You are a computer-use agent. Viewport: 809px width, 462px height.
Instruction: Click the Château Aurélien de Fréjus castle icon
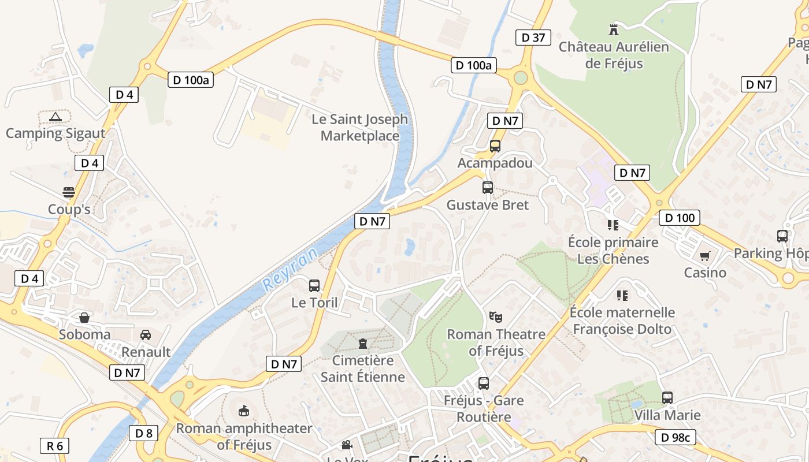614,29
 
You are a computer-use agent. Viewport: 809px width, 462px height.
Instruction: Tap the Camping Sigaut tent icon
55,117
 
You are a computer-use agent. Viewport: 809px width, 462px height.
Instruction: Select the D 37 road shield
533,38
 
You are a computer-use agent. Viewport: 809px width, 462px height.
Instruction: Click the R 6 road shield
55,445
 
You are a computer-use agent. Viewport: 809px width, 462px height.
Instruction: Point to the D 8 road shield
143,433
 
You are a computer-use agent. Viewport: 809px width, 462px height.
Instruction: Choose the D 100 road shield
680,218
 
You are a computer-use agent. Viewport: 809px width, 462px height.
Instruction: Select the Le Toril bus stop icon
314,285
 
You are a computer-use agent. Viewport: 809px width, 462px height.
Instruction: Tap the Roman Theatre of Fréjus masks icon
495,316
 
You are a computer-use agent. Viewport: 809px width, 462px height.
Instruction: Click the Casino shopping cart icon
704,256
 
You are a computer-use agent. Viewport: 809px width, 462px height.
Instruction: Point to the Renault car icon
146,335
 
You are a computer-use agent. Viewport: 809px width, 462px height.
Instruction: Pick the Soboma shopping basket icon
84,318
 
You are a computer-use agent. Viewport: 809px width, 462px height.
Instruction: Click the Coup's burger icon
69,192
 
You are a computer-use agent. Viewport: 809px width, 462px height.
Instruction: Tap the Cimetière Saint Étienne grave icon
363,344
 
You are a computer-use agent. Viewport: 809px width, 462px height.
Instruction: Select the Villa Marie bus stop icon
667,398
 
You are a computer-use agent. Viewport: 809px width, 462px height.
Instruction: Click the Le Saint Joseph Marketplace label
359,128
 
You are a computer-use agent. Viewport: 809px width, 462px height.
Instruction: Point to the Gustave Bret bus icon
488,188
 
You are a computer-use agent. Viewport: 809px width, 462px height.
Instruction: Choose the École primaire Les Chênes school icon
613,225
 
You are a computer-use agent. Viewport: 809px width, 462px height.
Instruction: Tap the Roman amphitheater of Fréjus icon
244,411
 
